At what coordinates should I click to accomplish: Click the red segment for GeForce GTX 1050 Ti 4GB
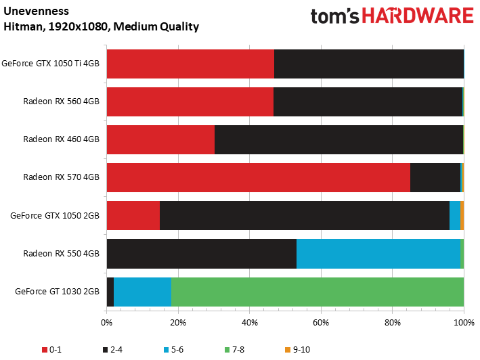coord(190,64)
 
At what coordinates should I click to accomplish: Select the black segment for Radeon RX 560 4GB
coord(368,102)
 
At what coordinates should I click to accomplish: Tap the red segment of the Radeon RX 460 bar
coord(160,140)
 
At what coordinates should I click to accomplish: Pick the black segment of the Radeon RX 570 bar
coord(435,178)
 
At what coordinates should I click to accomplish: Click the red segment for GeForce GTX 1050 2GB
coord(133,216)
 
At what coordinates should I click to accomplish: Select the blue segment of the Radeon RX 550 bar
coord(378,254)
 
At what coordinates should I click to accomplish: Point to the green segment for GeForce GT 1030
coord(318,292)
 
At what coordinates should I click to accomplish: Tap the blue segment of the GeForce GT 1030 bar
coord(142,292)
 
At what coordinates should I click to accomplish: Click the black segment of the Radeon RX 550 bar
coord(202,254)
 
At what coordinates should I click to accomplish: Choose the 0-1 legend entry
coord(51,350)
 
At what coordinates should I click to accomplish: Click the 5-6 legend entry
coord(173,350)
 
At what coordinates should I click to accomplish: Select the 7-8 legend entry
coord(234,350)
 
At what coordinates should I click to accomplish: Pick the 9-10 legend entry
coord(298,350)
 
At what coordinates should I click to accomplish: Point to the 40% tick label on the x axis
coord(250,323)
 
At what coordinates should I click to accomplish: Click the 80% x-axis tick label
coord(393,323)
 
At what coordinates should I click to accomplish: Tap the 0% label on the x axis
coord(106,323)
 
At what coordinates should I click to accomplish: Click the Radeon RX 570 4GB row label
coord(61,177)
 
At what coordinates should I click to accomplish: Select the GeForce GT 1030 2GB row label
coord(58,292)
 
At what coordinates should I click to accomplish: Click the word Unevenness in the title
coord(36,12)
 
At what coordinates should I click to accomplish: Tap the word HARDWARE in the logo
coord(418,16)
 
